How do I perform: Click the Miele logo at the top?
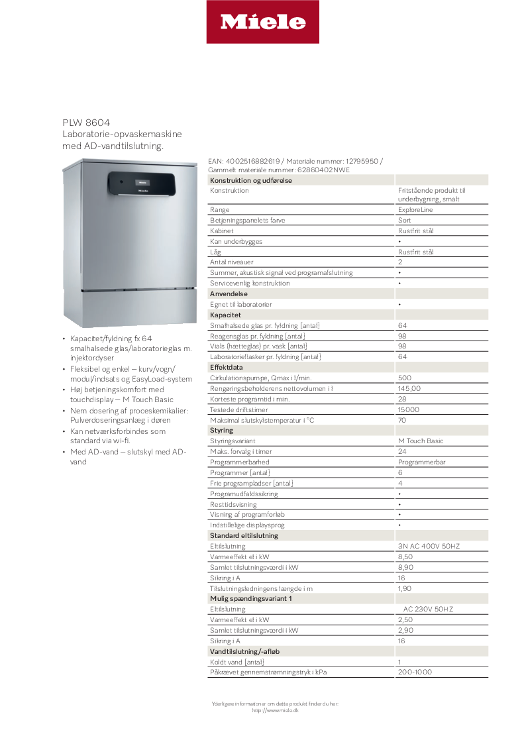tap(262, 23)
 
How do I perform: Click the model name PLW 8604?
tap(86, 123)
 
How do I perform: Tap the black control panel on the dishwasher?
tap(142, 184)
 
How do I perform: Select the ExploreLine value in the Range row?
tap(415, 210)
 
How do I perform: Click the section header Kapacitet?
tap(225, 315)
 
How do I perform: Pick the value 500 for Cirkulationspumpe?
tap(405, 378)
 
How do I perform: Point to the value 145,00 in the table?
tap(409, 388)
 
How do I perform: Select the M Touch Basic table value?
tap(421, 441)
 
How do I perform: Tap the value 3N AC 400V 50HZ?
tap(429, 546)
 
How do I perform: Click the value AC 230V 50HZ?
tap(429, 609)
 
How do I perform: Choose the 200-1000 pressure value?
tap(415, 672)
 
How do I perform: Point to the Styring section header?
tap(221, 431)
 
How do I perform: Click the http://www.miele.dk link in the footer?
tap(276, 710)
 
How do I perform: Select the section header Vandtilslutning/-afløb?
tap(244, 651)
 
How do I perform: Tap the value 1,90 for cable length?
tap(405, 588)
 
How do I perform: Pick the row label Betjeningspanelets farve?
tap(247, 221)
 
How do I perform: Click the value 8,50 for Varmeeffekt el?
tap(405, 557)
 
